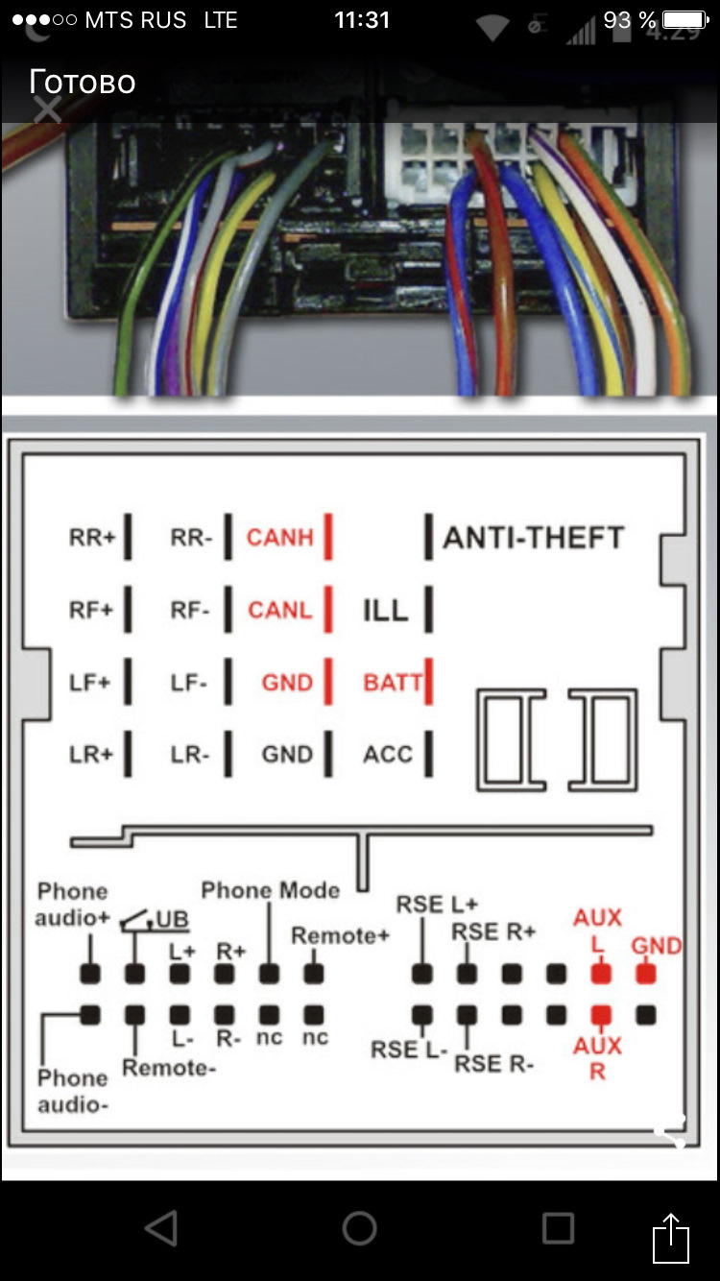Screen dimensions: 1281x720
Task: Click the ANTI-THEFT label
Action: [533, 538]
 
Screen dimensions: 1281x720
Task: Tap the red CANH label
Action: [279, 538]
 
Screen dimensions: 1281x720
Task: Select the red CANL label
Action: [279, 610]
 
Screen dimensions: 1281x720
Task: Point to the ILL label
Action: [385, 610]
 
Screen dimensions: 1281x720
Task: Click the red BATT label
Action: [392, 683]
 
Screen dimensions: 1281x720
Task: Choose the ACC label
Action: [388, 755]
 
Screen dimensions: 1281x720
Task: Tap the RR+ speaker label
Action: [91, 538]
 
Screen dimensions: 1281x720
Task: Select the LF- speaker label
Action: [189, 683]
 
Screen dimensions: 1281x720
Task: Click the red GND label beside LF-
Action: [287, 683]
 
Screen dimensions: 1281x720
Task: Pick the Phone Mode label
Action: [270, 890]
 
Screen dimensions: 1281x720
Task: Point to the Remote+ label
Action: [340, 935]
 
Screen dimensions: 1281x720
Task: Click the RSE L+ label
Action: [437, 905]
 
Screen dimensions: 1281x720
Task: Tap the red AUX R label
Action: [597, 1057]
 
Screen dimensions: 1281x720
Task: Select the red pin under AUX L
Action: [601, 974]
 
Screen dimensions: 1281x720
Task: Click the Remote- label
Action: [168, 1068]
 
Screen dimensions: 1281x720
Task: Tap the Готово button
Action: [82, 82]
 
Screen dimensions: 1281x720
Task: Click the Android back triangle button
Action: [161, 1227]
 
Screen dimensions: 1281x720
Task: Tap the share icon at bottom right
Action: [671, 1239]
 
